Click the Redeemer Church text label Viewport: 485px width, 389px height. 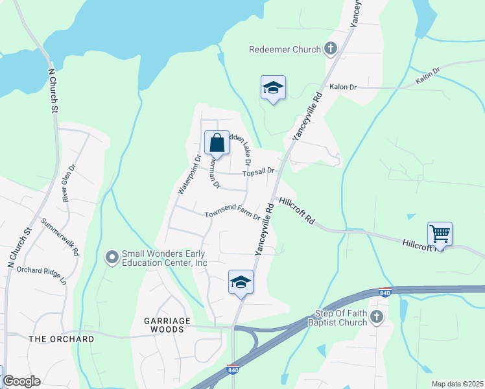point(285,49)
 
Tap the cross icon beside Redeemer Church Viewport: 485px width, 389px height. point(331,49)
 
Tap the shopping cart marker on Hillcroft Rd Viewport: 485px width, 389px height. point(440,233)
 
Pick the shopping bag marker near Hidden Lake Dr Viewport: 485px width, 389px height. point(217,143)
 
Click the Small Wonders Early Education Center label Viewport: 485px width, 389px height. point(165,258)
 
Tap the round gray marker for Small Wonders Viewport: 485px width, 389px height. point(112,258)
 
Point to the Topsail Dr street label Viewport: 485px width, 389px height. point(258,172)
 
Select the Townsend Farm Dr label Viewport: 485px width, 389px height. point(232,215)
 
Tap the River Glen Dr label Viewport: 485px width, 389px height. point(69,183)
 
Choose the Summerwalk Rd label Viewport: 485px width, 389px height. point(60,236)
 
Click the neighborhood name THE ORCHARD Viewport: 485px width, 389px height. point(62,339)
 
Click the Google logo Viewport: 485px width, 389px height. point(21,381)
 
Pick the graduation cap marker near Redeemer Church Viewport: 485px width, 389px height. point(273,88)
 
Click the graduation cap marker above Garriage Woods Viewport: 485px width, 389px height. point(241,282)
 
